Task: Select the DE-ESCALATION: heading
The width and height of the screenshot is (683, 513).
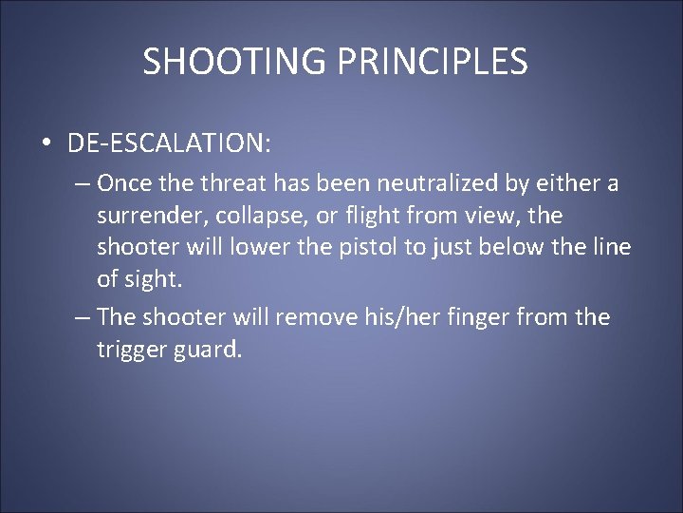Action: click(169, 142)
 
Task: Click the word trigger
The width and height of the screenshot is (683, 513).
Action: click(130, 349)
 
